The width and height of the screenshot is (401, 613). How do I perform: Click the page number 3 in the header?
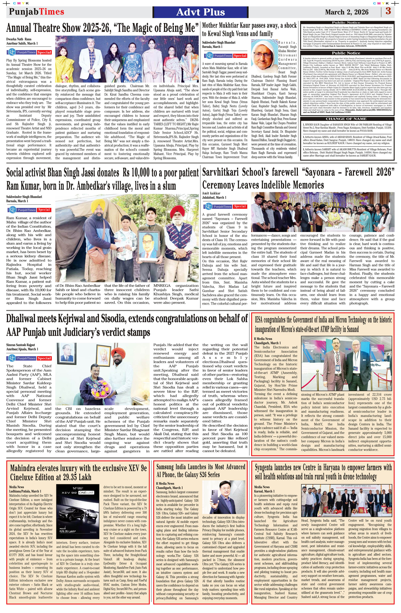(x=388, y=12)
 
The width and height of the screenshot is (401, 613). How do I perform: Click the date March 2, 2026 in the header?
(x=347, y=12)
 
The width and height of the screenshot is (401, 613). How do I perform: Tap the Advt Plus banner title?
(x=200, y=12)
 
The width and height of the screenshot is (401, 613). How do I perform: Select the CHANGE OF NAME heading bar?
(x=346, y=119)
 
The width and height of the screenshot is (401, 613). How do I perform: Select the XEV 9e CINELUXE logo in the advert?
(x=78, y=493)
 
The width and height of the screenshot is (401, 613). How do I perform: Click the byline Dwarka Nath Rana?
(x=19, y=39)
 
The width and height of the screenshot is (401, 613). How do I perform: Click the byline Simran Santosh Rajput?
(x=20, y=345)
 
